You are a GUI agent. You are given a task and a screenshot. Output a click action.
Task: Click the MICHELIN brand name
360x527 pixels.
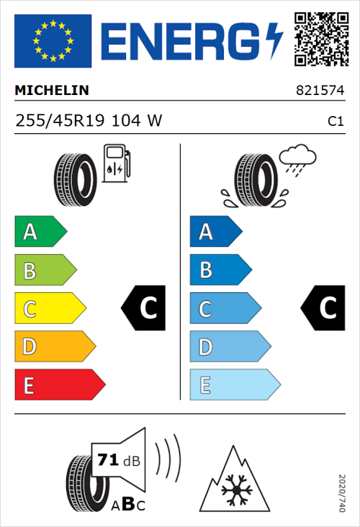pyautogui.click(x=52, y=91)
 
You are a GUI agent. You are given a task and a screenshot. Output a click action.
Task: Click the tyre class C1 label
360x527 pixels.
pyautogui.click(x=336, y=122)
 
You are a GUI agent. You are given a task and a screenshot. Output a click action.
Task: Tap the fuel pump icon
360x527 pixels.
pyautogui.click(x=117, y=163)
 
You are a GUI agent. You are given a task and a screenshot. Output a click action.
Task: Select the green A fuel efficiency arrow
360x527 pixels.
pyautogui.click(x=40, y=232)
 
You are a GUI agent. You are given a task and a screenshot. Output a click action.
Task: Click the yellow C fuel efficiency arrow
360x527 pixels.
pyautogui.click(x=49, y=309)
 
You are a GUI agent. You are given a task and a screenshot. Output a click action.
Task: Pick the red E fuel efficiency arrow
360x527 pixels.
pyautogui.click(x=58, y=385)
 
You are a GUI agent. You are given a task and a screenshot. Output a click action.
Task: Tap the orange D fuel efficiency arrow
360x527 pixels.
pyautogui.click(x=54, y=347)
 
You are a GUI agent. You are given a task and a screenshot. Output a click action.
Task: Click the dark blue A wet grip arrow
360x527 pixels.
pyautogui.click(x=215, y=232)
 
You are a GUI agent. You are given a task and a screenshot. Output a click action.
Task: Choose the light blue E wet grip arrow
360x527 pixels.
pyautogui.click(x=233, y=385)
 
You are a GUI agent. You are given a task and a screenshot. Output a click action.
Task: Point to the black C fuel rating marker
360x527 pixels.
pyautogui.click(x=144, y=309)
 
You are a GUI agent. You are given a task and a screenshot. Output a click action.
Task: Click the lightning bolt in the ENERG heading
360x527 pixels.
pyautogui.click(x=274, y=41)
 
